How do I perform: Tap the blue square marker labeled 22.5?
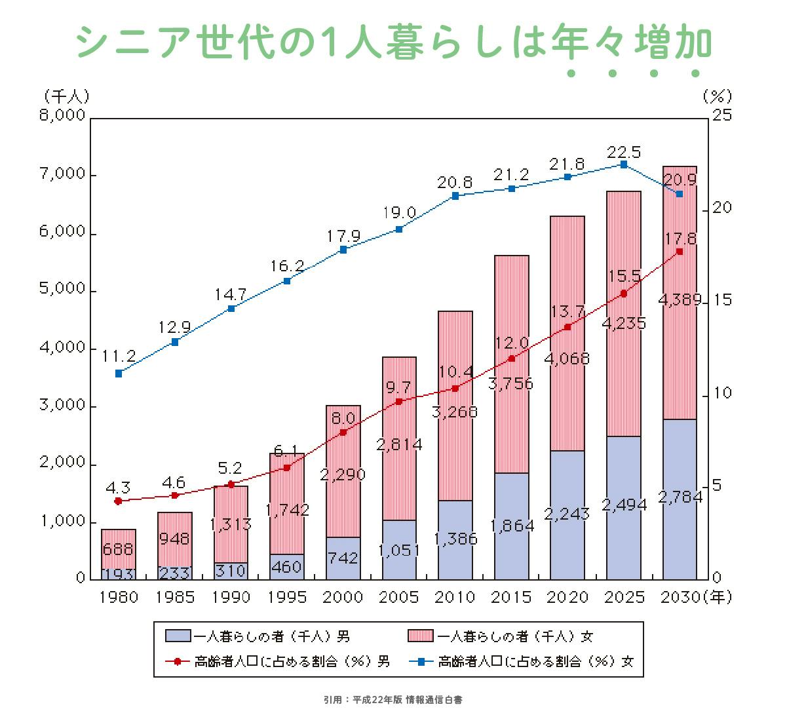click(624, 164)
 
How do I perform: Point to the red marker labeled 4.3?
click(119, 501)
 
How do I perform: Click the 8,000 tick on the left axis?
click(62, 116)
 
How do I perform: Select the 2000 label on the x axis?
click(343, 597)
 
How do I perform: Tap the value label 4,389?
click(679, 301)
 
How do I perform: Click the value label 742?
click(343, 558)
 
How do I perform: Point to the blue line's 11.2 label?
click(119, 356)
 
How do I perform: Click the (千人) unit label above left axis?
click(66, 96)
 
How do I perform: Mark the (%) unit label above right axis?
click(716, 96)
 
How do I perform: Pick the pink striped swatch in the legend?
click(420, 636)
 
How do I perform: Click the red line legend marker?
click(177, 661)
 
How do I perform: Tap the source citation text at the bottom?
click(393, 700)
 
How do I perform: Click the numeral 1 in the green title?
click(320, 43)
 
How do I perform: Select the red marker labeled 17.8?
click(680, 252)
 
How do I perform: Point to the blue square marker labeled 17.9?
click(343, 250)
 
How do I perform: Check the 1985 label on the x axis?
click(175, 597)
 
